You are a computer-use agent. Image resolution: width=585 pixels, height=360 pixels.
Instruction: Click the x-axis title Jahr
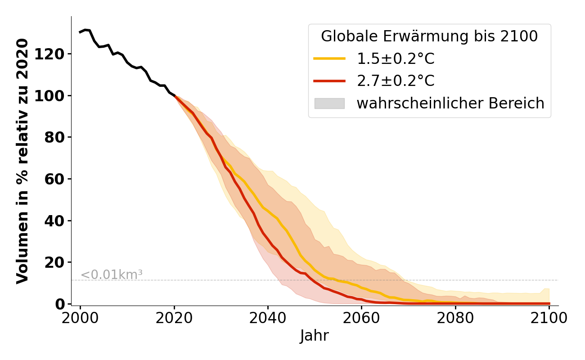[x=315, y=336]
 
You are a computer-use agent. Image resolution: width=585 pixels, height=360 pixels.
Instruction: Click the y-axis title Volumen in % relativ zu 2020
[x=22, y=161]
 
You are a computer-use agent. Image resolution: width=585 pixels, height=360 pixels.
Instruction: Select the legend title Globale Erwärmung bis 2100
[x=429, y=36]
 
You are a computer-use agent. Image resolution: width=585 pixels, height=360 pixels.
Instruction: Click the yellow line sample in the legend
[x=329, y=59]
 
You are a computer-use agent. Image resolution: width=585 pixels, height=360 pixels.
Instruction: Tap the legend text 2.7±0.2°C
[x=396, y=81]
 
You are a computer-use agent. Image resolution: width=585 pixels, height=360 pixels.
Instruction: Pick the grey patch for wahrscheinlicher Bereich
[x=329, y=103]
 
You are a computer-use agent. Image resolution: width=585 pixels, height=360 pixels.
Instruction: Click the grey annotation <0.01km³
[x=112, y=274]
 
